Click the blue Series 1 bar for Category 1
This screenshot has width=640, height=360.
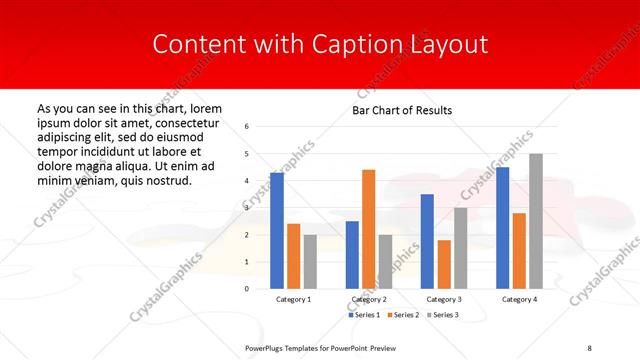276,230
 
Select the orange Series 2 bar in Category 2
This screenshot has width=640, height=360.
368,229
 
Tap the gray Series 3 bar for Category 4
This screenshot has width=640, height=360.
536,221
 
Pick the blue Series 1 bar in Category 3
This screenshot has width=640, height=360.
427,241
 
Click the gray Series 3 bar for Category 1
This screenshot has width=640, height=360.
310,261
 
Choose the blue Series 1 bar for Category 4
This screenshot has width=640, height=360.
502,227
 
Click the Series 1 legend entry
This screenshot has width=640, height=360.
363,315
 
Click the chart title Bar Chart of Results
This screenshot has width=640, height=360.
403,110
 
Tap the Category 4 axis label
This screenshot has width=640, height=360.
519,300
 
